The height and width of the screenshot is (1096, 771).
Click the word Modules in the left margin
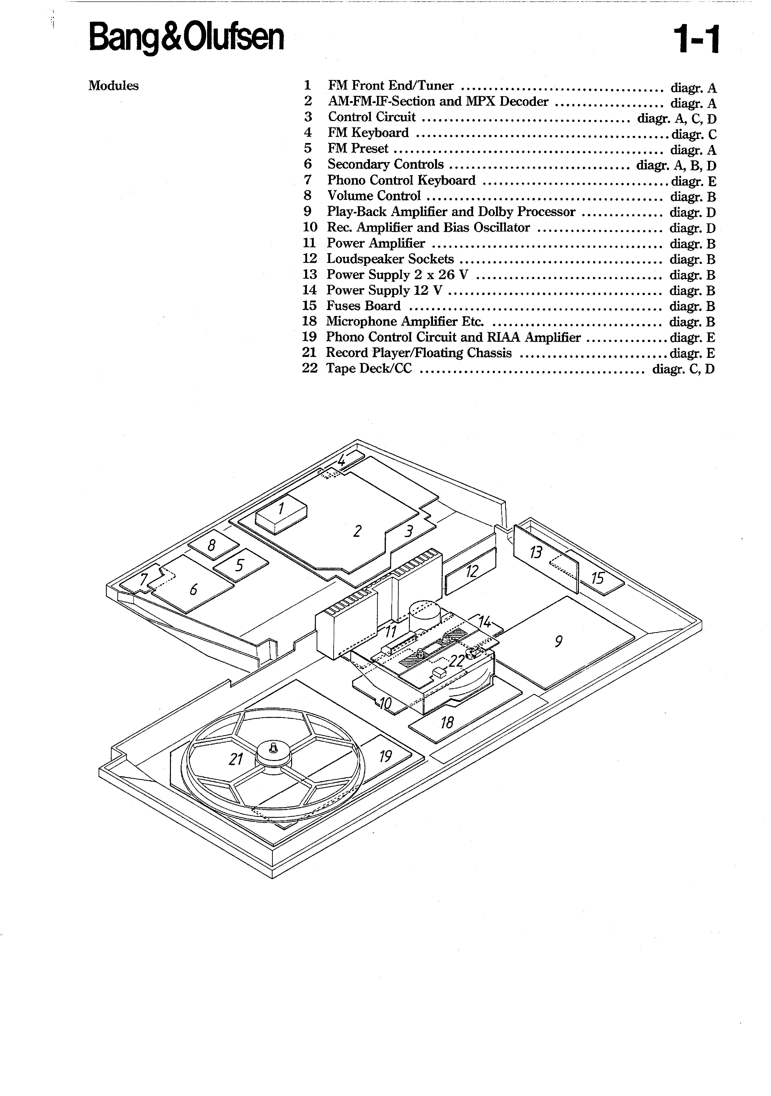[114, 86]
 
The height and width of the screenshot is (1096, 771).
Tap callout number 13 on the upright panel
[536, 552]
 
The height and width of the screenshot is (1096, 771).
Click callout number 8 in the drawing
[211, 544]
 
